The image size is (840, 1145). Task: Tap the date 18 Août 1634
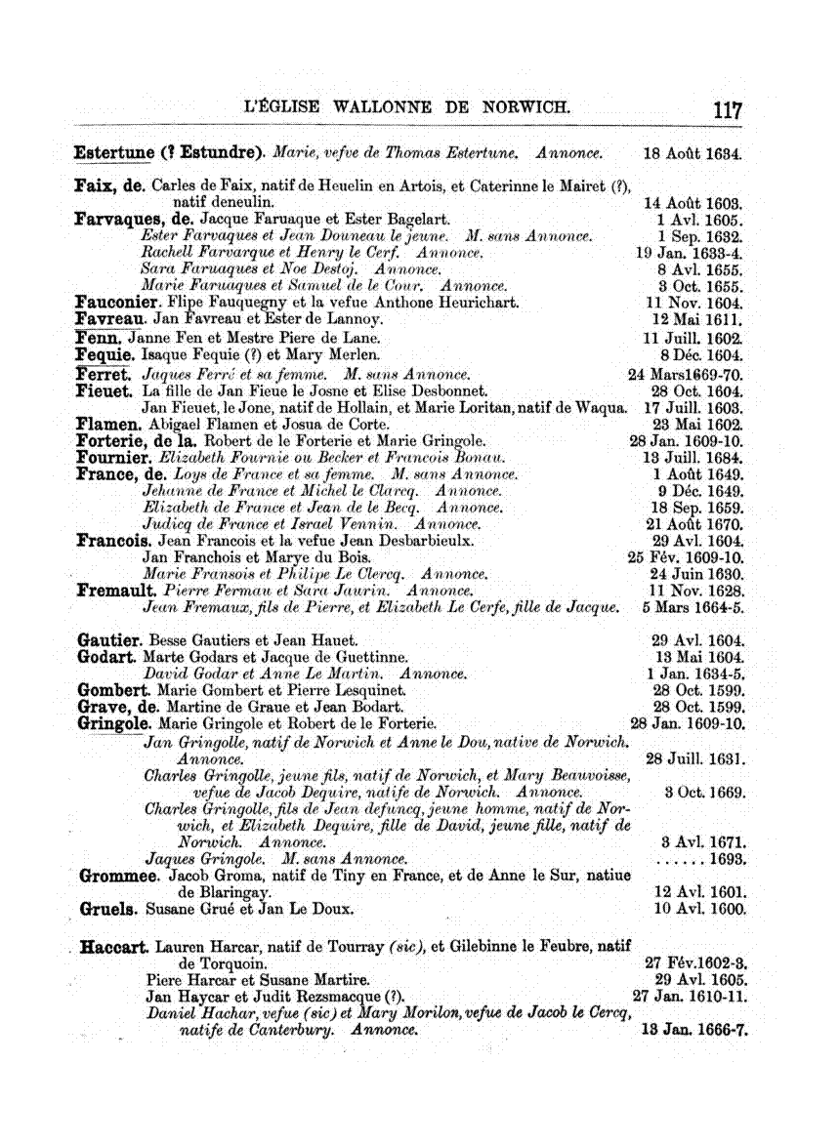coord(693,154)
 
